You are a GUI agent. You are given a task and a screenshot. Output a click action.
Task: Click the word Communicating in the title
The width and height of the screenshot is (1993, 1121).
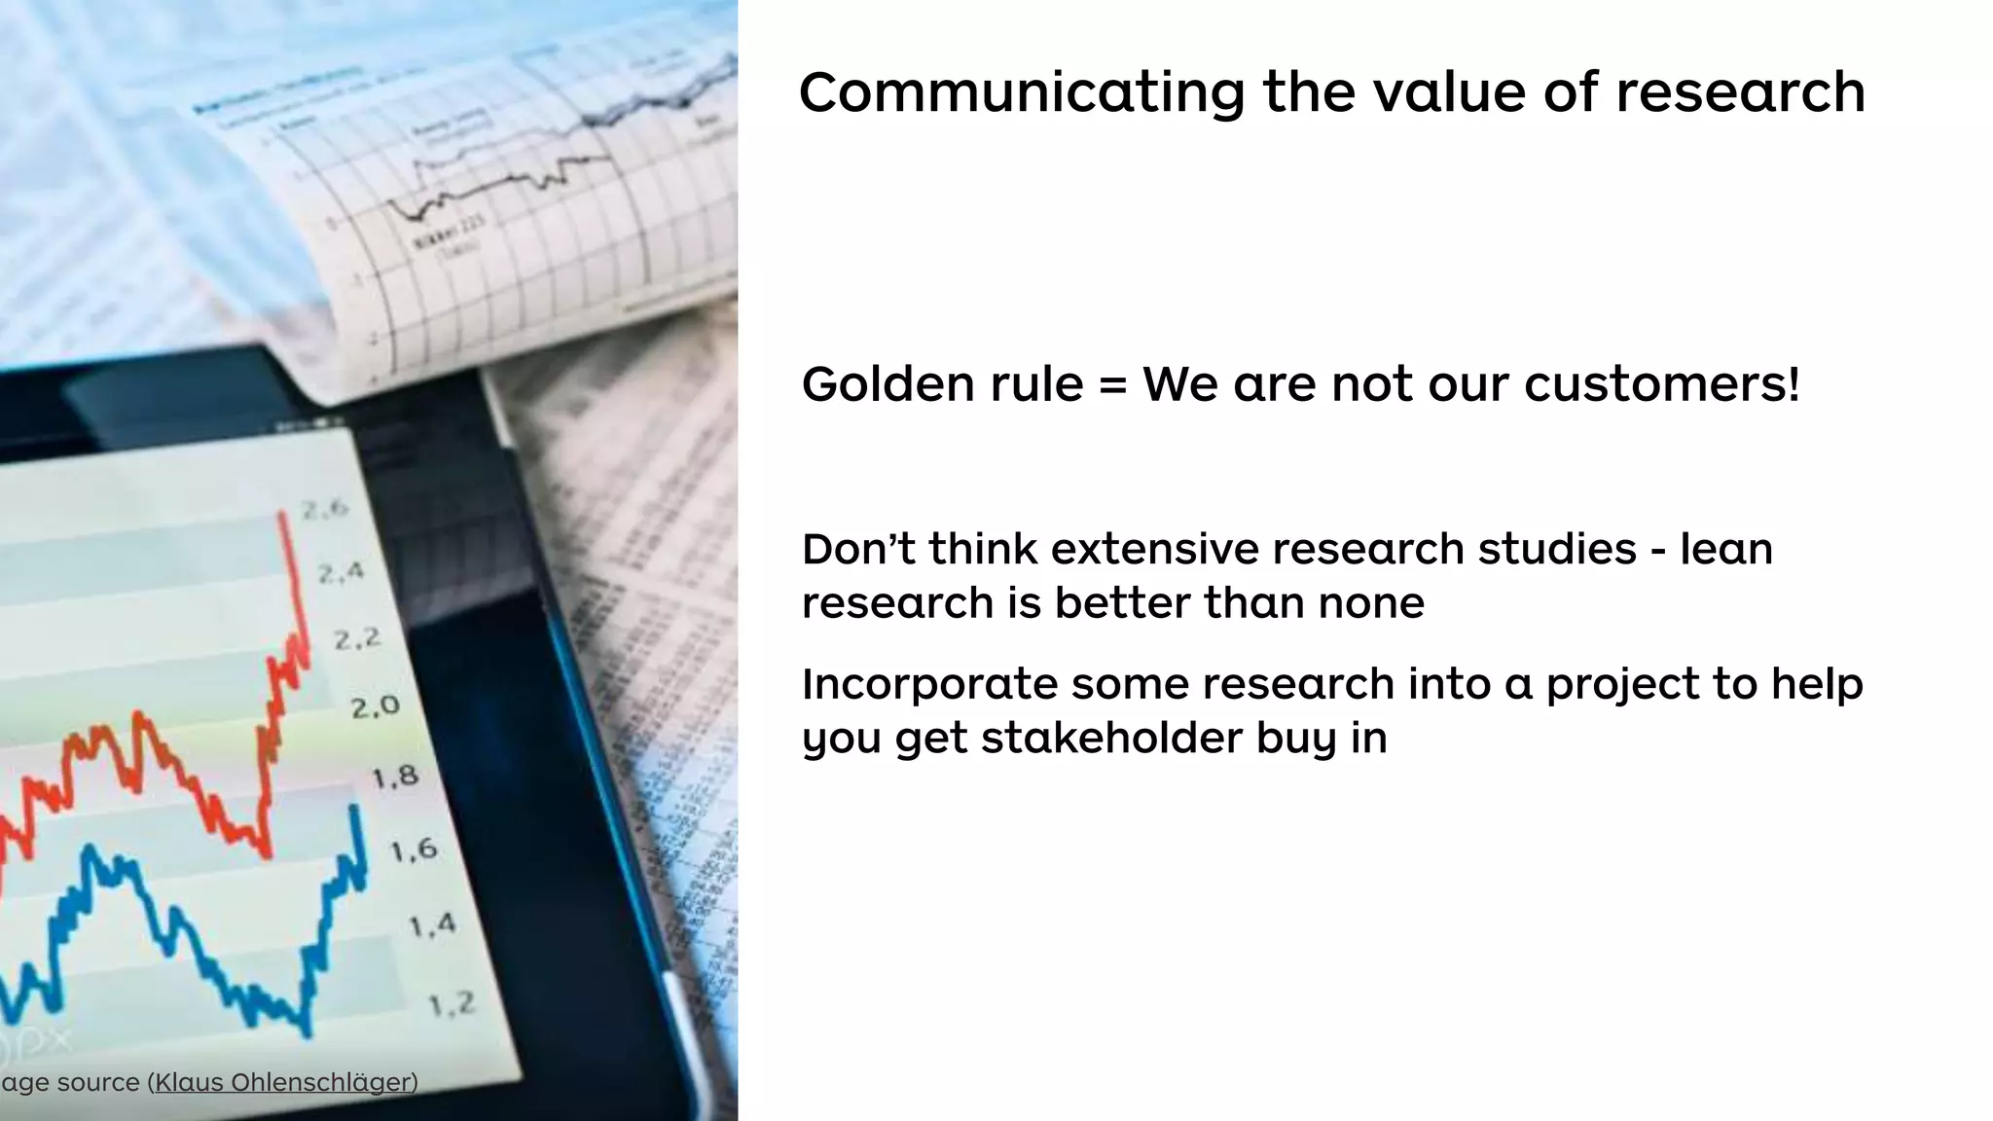pyautogui.click(x=1021, y=93)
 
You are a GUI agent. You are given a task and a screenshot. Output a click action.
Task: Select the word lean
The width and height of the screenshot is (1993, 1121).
pyautogui.click(x=1726, y=550)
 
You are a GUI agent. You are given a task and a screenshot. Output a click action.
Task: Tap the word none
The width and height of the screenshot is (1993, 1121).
pyautogui.click(x=1371, y=603)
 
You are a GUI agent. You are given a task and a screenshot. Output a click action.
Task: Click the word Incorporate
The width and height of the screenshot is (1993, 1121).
pyautogui.click(x=929, y=685)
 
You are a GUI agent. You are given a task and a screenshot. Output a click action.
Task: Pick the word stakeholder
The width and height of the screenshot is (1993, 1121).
pyautogui.click(x=1111, y=738)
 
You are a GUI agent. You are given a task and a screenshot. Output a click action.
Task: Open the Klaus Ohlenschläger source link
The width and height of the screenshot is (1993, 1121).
pyautogui.click(x=283, y=1082)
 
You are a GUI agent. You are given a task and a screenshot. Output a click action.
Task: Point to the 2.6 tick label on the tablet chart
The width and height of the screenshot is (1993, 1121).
pyautogui.click(x=325, y=508)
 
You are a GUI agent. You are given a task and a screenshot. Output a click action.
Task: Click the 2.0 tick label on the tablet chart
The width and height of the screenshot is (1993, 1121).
pyautogui.click(x=376, y=705)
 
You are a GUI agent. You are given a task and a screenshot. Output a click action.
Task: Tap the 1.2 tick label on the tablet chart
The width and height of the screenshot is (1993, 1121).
pyautogui.click(x=453, y=1003)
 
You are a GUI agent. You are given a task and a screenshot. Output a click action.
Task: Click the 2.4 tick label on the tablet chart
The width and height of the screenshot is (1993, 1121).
pyautogui.click(x=341, y=572)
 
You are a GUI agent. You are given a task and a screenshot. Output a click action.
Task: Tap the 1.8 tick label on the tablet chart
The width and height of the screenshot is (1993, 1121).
pyautogui.click(x=395, y=777)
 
